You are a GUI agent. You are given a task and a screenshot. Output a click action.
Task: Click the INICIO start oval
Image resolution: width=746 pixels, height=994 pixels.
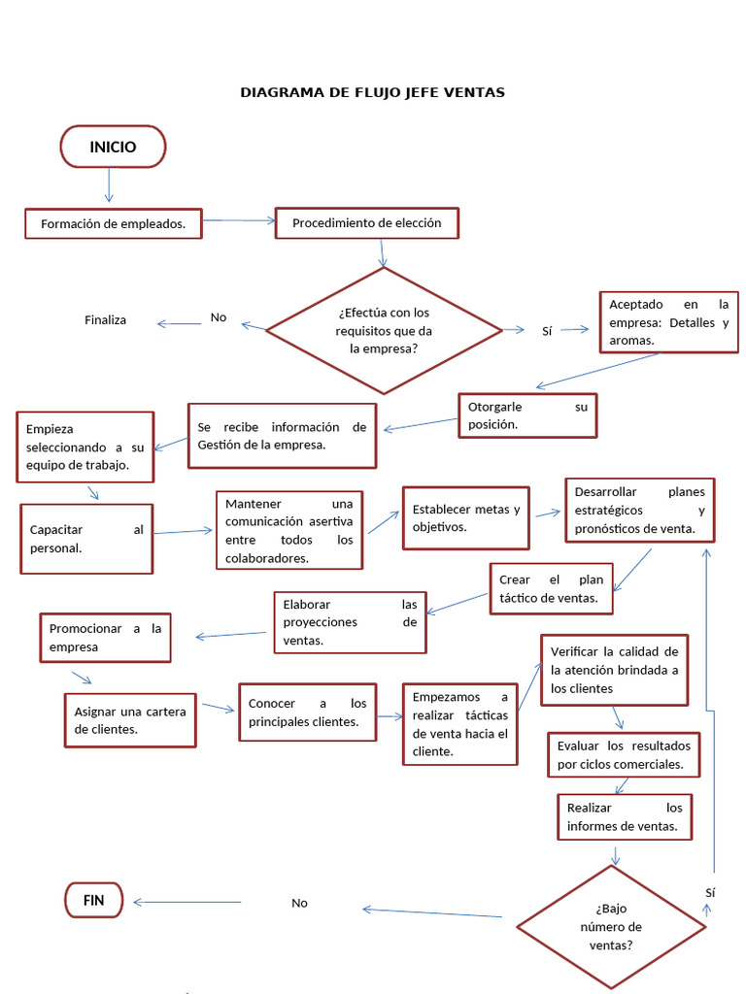click(113, 148)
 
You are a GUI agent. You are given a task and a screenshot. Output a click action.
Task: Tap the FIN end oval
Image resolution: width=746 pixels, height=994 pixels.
click(94, 900)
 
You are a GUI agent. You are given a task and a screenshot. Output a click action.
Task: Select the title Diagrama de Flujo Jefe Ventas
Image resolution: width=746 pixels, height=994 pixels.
click(372, 92)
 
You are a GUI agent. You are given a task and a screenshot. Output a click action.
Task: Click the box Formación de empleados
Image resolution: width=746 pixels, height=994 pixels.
click(113, 223)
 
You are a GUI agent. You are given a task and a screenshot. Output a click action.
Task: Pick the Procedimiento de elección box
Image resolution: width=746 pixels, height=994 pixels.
click(366, 223)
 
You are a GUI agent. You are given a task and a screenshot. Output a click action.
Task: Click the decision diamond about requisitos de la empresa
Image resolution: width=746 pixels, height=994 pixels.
click(384, 330)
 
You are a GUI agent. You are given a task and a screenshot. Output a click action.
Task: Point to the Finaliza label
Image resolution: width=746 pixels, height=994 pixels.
click(105, 320)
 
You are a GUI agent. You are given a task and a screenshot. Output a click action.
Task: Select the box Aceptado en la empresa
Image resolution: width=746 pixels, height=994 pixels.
click(668, 322)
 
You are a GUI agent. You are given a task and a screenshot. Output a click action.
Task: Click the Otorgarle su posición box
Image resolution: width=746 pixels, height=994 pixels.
click(527, 415)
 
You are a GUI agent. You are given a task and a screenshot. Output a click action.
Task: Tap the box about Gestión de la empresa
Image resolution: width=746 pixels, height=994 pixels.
click(282, 436)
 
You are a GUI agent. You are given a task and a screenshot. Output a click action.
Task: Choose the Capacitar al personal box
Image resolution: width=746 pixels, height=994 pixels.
click(86, 539)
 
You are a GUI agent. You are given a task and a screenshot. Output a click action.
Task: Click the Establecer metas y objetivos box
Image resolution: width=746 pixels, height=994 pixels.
click(465, 518)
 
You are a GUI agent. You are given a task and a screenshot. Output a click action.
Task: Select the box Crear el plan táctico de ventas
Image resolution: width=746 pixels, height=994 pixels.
click(551, 588)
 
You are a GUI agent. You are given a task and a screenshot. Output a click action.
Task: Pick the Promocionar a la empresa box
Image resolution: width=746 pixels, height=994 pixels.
click(105, 638)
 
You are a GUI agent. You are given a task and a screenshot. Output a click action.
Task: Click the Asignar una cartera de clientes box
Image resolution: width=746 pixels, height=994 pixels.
click(130, 719)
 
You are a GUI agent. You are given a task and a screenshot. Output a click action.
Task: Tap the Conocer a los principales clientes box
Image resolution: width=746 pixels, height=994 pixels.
click(307, 712)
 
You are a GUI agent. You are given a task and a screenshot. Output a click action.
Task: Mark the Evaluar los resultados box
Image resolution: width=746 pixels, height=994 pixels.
click(624, 755)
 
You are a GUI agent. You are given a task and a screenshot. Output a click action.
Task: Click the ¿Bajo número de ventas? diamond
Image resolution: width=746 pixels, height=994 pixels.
click(611, 927)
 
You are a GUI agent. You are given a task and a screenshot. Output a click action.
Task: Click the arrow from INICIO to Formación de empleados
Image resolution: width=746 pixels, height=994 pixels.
click(109, 185)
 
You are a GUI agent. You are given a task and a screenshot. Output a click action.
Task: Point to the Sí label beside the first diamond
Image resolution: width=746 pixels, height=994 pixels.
click(547, 331)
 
